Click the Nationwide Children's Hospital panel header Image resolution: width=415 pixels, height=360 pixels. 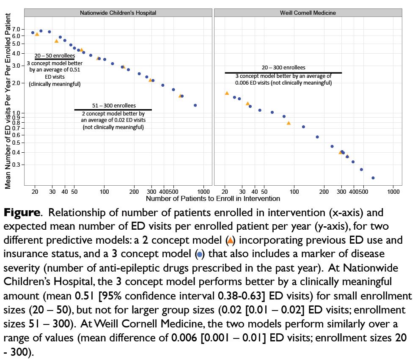(x=118, y=13)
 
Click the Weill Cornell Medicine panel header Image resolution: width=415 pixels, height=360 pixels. (x=308, y=13)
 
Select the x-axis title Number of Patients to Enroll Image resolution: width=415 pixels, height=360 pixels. (x=213, y=198)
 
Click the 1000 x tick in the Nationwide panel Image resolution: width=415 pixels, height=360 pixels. (x=204, y=191)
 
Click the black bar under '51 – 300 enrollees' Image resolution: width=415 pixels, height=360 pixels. (x=113, y=110)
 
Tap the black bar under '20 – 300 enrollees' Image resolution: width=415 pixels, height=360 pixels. (x=283, y=73)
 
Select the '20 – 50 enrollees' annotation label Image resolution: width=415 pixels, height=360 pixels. (x=55, y=55)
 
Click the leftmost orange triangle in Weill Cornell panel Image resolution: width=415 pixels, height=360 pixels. (x=227, y=93)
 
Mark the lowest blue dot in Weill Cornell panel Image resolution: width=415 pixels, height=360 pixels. (x=373, y=178)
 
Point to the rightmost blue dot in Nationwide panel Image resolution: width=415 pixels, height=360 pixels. (x=195, y=105)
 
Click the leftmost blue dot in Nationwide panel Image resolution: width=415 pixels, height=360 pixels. (x=33, y=33)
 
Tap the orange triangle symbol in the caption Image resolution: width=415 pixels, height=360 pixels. (x=230, y=241)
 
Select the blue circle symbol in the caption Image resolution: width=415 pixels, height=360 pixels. (x=200, y=255)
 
